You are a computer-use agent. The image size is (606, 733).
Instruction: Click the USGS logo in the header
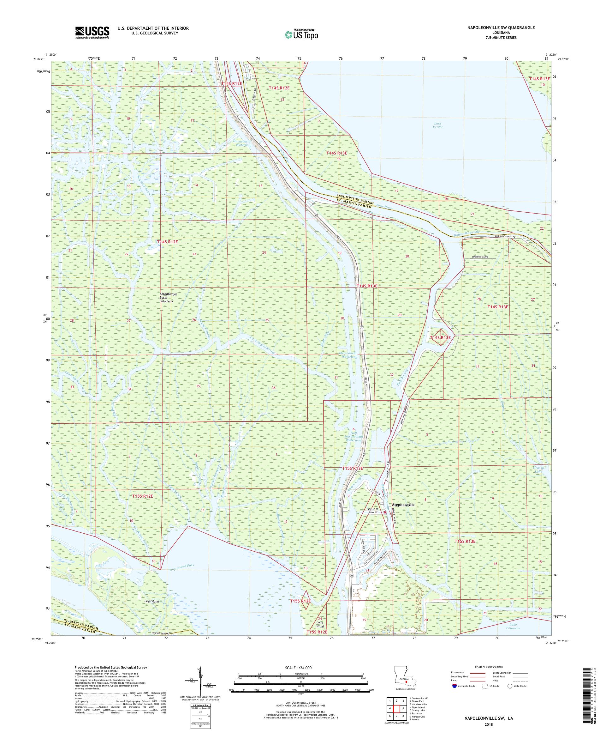(92, 33)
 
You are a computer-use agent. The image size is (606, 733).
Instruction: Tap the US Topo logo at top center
(302, 34)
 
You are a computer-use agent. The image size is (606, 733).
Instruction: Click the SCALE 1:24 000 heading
(300, 668)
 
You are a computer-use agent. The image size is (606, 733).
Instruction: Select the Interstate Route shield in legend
(453, 686)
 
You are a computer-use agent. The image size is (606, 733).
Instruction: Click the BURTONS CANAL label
(478, 257)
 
